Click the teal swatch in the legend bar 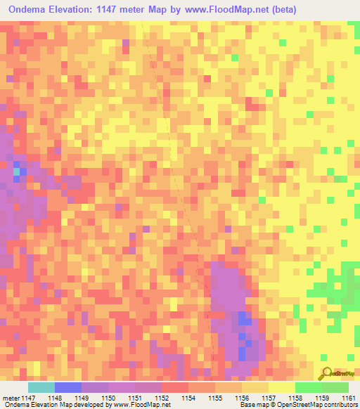(x=41, y=387)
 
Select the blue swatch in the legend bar (x=67, y=387)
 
